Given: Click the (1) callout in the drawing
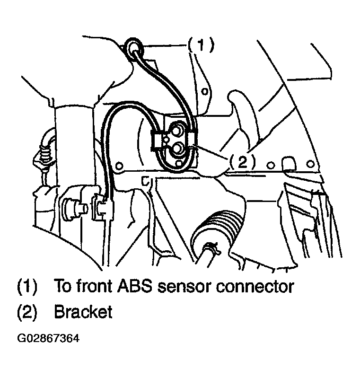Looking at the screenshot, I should click(201, 45).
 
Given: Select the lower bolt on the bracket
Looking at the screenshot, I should click(178, 149).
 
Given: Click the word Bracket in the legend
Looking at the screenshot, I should click(83, 312).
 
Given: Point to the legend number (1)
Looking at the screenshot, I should click(27, 287).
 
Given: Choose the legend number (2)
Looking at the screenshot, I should click(27, 312).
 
